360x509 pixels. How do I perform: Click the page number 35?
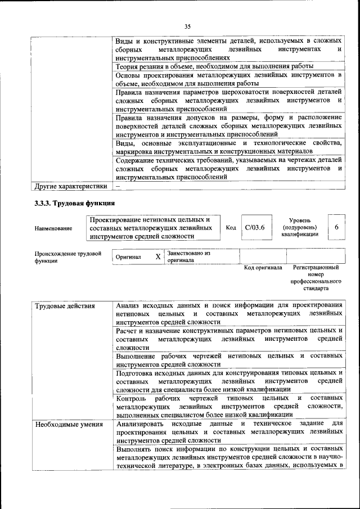pos(187,26)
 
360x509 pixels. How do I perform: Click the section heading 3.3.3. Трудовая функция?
pos(75,204)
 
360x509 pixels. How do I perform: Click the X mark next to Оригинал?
pos(158,257)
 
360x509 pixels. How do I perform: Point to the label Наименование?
pos(53,228)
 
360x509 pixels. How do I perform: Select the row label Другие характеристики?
pos(70,186)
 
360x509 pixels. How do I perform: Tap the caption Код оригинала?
pos(263,268)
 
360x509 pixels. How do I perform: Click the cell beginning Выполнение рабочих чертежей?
pos(229,360)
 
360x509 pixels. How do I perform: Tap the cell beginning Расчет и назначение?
pos(229,339)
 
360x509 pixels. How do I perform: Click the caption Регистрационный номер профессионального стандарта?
pos(316,278)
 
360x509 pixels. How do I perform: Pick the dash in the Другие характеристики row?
pos(118,186)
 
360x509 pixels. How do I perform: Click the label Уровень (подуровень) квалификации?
pos(301,227)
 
